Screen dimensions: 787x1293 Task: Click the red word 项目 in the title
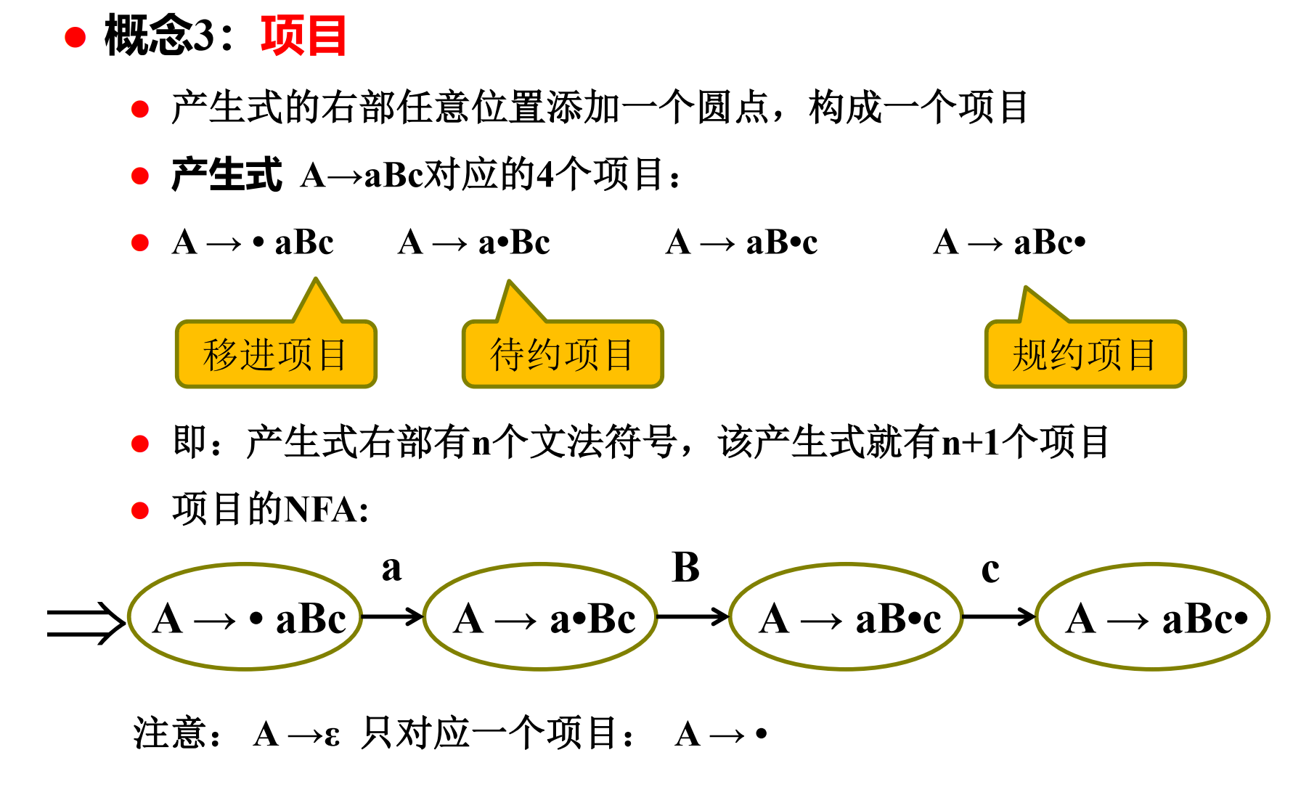[303, 36]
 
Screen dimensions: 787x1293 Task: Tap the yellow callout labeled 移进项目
[276, 354]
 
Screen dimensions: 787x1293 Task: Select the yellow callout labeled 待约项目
[563, 354]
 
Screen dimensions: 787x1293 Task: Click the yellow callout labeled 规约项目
[1085, 354]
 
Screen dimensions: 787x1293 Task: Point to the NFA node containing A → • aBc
[245, 617]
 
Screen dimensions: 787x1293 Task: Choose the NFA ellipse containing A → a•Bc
[541, 617]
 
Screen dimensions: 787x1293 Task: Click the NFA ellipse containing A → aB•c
[846, 617]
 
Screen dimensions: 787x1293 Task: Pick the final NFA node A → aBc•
[1152, 617]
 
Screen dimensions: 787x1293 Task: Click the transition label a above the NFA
[391, 568]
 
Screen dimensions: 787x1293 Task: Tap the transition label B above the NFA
[686, 568]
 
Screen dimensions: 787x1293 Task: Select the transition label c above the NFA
[990, 569]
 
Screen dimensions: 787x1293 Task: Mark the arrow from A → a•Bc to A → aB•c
[693, 617]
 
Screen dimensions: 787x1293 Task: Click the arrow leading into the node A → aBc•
[999, 617]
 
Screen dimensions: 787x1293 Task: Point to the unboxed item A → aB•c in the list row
[741, 242]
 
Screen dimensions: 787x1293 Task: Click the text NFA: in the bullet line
[327, 510]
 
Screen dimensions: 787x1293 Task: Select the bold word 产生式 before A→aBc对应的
[227, 176]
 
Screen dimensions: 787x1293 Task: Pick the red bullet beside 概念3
[76, 37]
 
